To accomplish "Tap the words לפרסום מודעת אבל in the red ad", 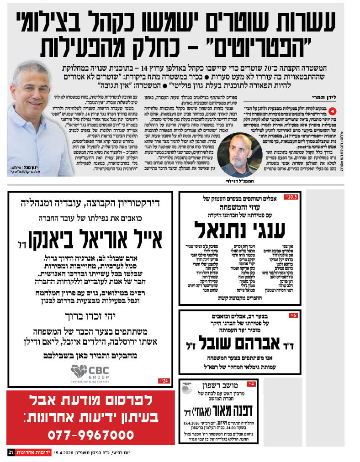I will (x=91, y=400).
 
